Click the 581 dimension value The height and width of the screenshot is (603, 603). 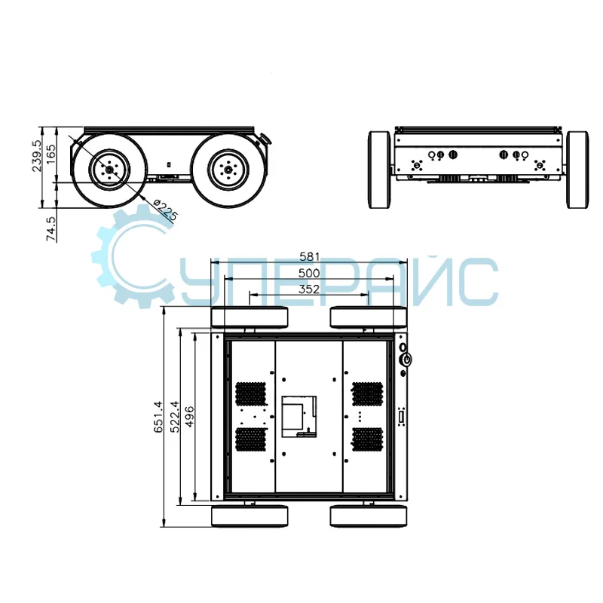[309, 256]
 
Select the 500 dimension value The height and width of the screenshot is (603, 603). [309, 273]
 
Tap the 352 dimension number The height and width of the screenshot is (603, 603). [309, 289]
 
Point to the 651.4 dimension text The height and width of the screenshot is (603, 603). [158, 417]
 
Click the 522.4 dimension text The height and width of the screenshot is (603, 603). [175, 417]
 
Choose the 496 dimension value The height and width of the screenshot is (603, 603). [190, 417]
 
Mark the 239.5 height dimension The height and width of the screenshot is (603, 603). [36, 155]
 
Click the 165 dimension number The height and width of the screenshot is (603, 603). [51, 154]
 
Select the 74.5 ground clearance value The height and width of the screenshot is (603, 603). [51, 229]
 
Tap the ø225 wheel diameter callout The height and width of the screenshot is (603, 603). [165, 210]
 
